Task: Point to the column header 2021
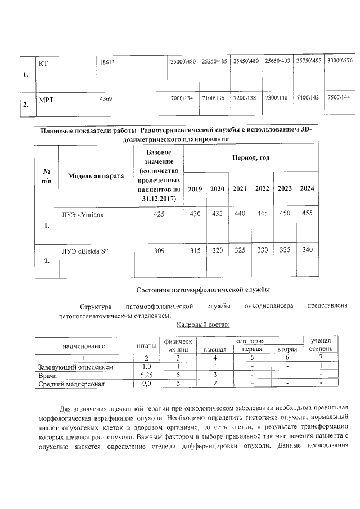(240, 188)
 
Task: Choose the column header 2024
(307, 188)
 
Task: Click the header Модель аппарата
(96, 176)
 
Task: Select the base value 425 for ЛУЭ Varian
(159, 214)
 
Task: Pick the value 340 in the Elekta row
(308, 250)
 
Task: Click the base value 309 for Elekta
(159, 250)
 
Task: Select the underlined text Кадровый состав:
(203, 325)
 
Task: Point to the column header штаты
(146, 345)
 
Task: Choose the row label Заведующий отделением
(75, 367)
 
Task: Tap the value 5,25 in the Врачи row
(146, 375)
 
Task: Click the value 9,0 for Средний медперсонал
(146, 384)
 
